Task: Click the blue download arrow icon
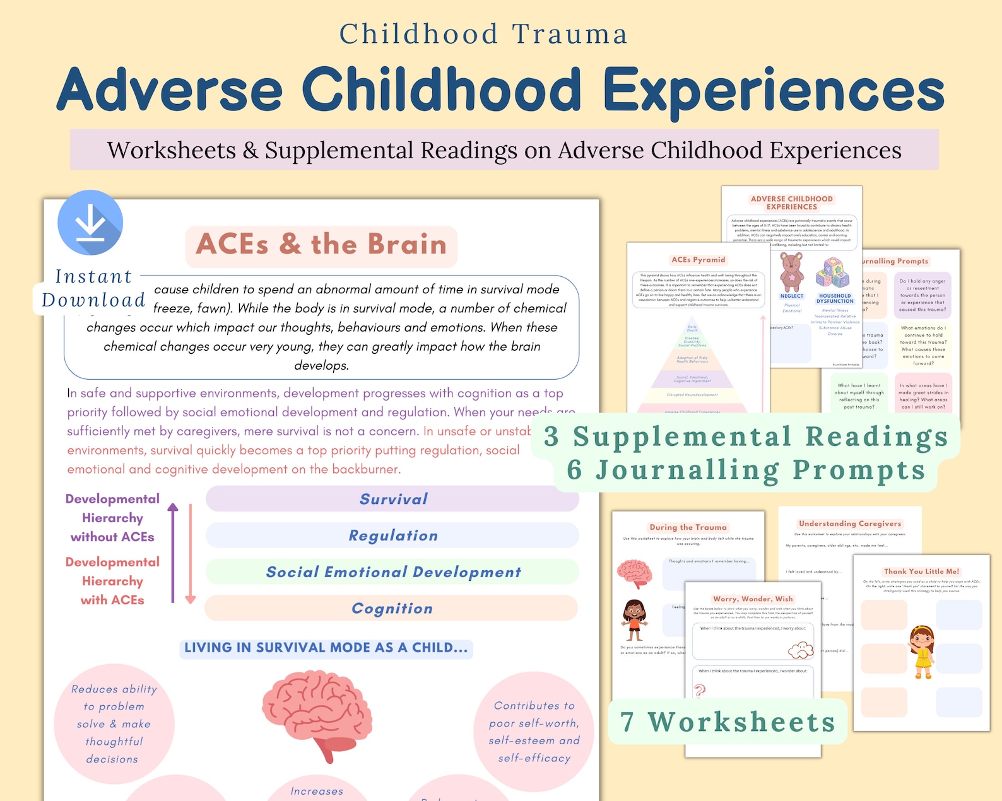[90, 222]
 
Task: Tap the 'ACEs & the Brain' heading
[321, 245]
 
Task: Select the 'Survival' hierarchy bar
[392, 499]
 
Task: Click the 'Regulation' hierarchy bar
[392, 535]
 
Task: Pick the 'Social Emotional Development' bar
[392, 572]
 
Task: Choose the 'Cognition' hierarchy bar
[391, 609]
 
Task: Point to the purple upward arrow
[173, 552]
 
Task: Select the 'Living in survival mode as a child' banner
[326, 648]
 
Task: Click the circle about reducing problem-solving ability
[114, 723]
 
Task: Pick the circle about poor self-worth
[534, 731]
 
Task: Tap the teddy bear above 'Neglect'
[791, 272]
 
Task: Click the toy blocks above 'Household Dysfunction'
[833, 272]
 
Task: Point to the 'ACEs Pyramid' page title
[698, 260]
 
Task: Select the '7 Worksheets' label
[728, 722]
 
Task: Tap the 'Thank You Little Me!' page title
[921, 571]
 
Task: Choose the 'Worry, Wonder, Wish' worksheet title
[753, 599]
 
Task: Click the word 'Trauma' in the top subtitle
[570, 34]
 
